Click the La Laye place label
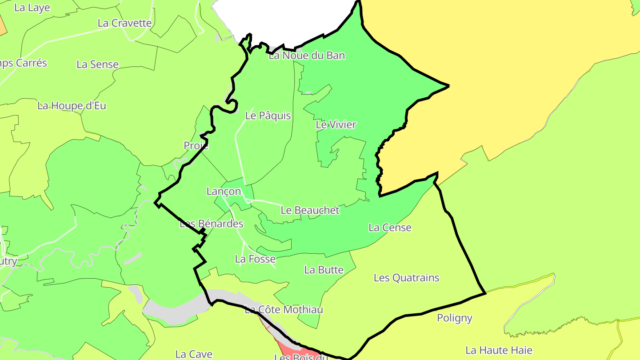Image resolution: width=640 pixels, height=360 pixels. (32, 8)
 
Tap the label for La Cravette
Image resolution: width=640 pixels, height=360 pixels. (124, 23)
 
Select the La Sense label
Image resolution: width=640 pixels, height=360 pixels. (97, 64)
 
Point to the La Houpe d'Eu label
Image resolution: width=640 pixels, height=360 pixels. (72, 106)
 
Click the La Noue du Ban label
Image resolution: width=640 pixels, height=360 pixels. (307, 56)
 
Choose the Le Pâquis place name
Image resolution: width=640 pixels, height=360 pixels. (268, 116)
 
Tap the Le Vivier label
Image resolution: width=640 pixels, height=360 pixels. (336, 125)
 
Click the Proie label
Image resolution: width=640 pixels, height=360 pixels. (196, 146)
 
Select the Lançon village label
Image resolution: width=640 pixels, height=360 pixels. (224, 192)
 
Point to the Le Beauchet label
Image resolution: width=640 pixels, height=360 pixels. (310, 210)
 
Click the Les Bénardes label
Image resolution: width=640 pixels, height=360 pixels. (211, 224)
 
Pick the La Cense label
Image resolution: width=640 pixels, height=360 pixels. (390, 228)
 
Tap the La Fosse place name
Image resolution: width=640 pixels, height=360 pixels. (255, 259)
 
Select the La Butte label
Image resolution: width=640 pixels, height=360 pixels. (324, 270)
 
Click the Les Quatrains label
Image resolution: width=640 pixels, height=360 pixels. (406, 278)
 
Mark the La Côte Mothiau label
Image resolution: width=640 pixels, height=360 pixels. (284, 309)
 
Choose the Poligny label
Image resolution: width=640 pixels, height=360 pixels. (454, 318)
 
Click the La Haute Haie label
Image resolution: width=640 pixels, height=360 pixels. (499, 350)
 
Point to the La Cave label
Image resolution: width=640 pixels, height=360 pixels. (193, 354)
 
